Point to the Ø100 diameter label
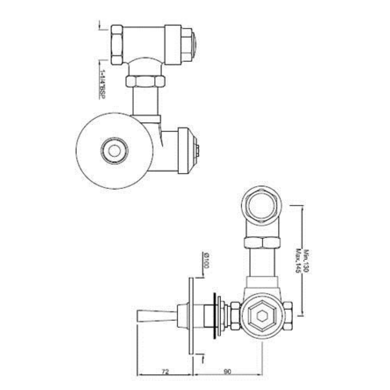click(x=206, y=260)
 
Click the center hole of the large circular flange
click(x=115, y=151)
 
